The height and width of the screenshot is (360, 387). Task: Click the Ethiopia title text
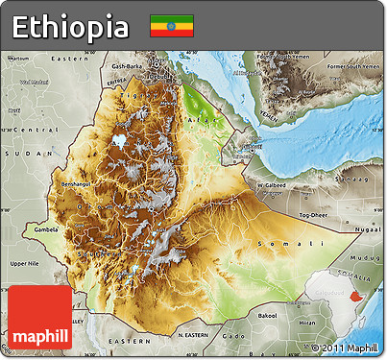(x=70, y=26)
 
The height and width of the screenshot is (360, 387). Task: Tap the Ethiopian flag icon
(x=171, y=26)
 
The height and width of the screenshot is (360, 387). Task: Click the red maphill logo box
(x=39, y=317)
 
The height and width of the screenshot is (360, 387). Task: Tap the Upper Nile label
(x=24, y=262)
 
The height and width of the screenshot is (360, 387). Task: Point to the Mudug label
(x=368, y=257)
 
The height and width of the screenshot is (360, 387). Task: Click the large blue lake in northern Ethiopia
(x=120, y=140)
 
